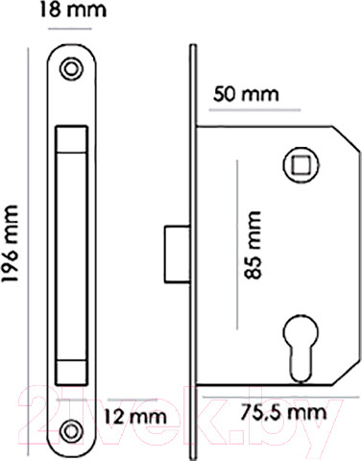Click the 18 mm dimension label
pyautogui.click(x=73, y=10)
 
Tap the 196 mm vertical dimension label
pyautogui.click(x=10, y=244)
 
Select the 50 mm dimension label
pyautogui.click(x=246, y=94)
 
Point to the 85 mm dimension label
pyautogui.click(x=253, y=245)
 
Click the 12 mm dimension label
pyautogui.click(x=135, y=417)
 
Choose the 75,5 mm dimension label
pyautogui.click(x=283, y=412)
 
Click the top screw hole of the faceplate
pyautogui.click(x=72, y=68)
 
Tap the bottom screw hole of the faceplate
pyautogui.click(x=72, y=431)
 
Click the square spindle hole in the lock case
pyautogui.click(x=302, y=165)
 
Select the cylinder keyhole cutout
pyautogui.click(x=301, y=348)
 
